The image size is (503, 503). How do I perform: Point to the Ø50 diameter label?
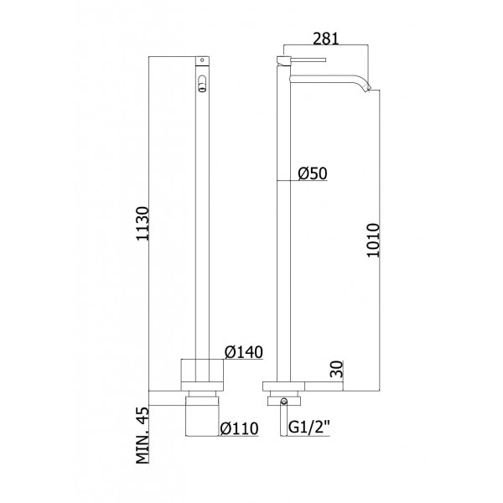[x=313, y=174]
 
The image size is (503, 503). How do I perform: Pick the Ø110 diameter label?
[x=238, y=430]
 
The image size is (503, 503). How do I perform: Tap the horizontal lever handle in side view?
[x=310, y=60]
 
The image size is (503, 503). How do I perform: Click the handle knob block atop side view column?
[x=283, y=60]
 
